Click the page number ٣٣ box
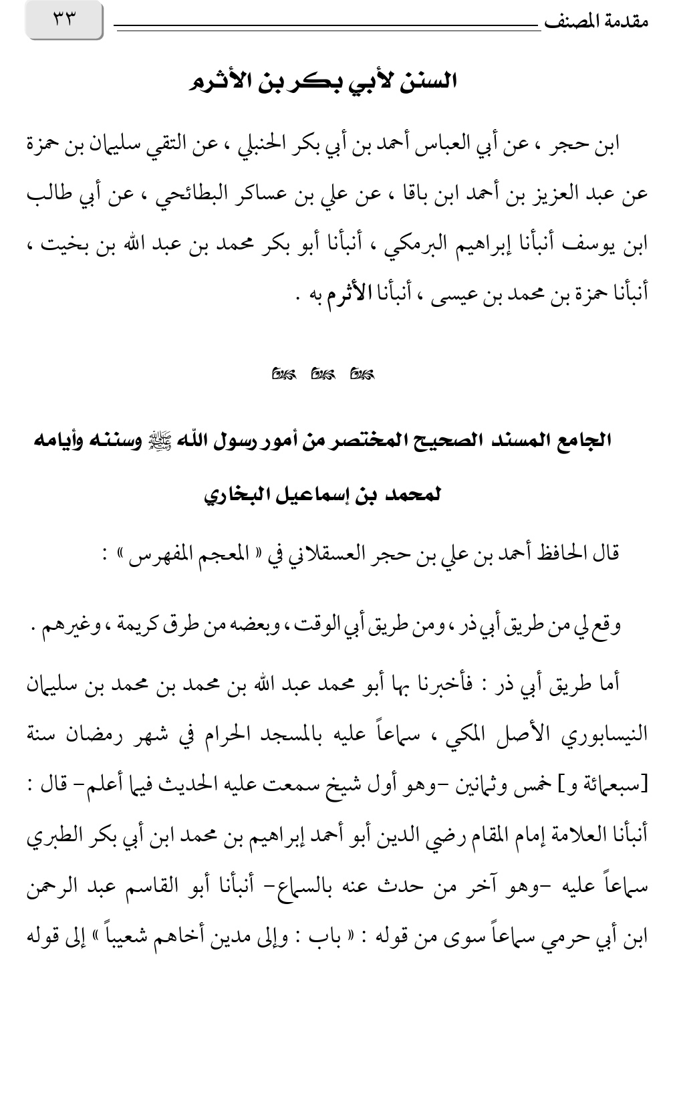click(x=64, y=20)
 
